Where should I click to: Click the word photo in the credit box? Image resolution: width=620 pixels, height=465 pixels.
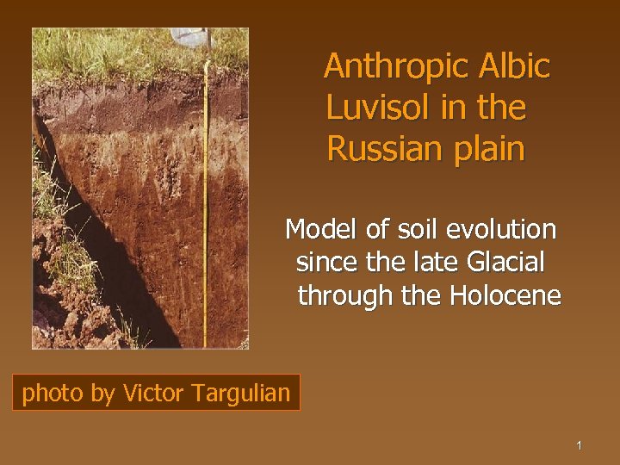[53, 394]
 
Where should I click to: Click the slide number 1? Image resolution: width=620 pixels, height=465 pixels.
[580, 445]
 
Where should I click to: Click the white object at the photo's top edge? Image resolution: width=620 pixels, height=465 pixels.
[190, 36]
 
